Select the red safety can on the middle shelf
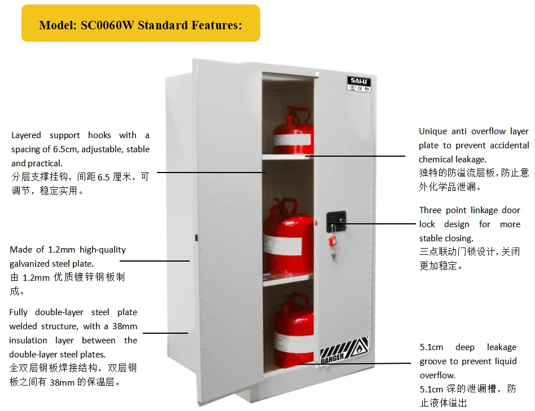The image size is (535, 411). [288, 237]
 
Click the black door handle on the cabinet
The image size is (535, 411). [337, 218]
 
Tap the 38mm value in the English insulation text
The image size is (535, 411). [125, 326]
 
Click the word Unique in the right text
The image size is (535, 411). [433, 131]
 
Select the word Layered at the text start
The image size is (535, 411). [26, 135]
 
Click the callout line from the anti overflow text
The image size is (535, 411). [356, 156]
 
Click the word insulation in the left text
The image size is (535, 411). [28, 340]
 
